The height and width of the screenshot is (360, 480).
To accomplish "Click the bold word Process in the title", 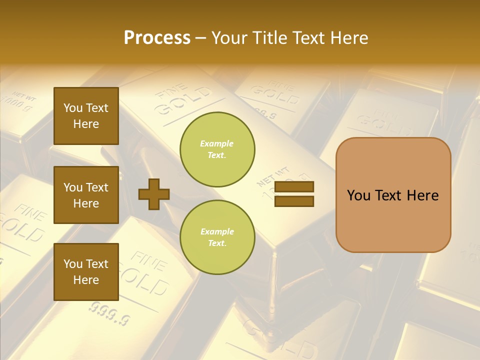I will [157, 38].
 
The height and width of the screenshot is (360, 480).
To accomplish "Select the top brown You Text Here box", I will [86, 116].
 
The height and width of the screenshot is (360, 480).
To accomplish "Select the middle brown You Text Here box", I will [86, 195].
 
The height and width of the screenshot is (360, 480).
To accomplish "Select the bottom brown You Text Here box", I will [86, 271].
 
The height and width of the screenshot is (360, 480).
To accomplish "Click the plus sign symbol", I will [154, 194].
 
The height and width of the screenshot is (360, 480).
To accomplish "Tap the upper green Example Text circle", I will [217, 149].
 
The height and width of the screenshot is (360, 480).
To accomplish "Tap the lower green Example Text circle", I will [217, 237].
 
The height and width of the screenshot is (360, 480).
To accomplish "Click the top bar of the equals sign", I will [294, 187].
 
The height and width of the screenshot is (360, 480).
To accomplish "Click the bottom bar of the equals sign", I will [294, 201].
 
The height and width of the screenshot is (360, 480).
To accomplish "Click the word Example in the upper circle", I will [217, 143].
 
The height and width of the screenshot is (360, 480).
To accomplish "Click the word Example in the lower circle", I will [217, 231].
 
